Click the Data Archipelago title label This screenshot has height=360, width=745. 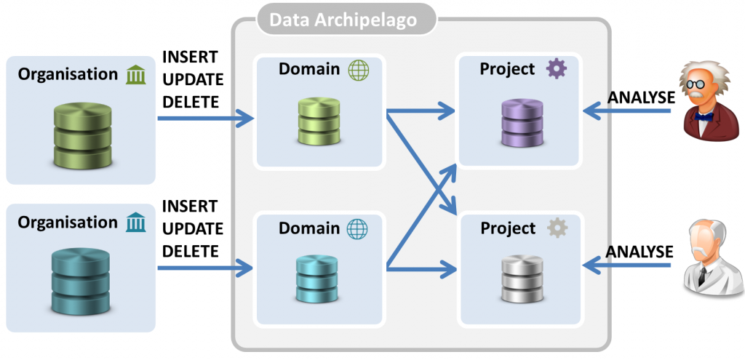point(344,20)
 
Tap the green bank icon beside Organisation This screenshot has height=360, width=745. point(135,74)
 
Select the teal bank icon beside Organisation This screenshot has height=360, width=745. point(135,221)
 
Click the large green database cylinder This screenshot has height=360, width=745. point(83,135)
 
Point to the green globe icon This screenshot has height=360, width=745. point(359,70)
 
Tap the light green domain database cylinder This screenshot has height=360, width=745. point(319,121)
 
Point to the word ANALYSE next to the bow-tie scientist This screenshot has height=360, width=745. point(640,97)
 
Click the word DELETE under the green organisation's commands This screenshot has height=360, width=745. point(191,102)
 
